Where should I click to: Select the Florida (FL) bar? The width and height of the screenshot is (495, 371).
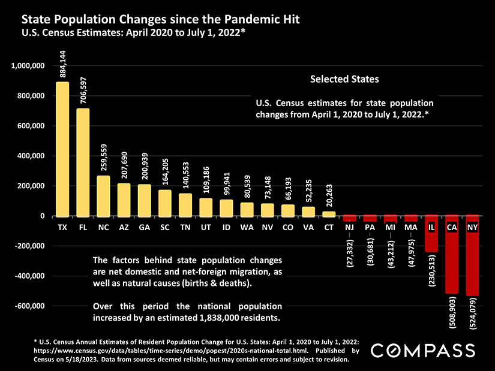pos(83,162)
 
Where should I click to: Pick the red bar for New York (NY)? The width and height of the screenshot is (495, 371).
pos(472,264)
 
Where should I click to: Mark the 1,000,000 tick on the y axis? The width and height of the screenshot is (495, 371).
pos(28,65)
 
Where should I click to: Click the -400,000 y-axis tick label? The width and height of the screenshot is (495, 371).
pos(29,276)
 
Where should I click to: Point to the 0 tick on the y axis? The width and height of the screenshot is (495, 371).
pos(43,216)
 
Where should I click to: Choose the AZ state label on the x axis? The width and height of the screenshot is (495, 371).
pos(124,228)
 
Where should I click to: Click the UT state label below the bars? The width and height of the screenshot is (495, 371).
pos(206,228)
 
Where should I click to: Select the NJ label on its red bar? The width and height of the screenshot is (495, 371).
pos(349,228)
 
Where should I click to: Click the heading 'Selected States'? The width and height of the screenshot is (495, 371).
pos(344,79)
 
